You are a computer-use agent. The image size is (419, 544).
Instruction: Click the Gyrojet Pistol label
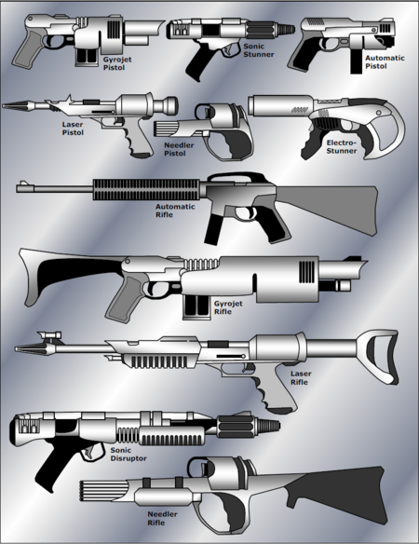point(117,63)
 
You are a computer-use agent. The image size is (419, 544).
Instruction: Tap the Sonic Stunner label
point(259,50)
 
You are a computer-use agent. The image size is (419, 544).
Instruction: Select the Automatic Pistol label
point(385,61)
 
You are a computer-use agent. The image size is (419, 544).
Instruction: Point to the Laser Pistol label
point(73,129)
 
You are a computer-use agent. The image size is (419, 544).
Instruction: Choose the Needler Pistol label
point(179,149)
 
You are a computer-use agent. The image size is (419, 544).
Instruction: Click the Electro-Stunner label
point(342,147)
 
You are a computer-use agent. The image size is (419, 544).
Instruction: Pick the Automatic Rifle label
point(175,211)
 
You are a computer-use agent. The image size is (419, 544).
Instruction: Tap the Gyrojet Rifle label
point(228,307)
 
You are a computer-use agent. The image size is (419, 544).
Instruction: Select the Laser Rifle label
point(301,378)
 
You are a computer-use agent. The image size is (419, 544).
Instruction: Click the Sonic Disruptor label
point(128,455)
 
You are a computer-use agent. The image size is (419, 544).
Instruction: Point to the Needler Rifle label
point(162,518)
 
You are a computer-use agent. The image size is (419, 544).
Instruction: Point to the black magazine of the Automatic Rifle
point(212,230)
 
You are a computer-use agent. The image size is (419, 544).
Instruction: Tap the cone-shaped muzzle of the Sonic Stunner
point(285,29)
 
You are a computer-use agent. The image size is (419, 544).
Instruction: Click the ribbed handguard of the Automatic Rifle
point(146,190)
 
